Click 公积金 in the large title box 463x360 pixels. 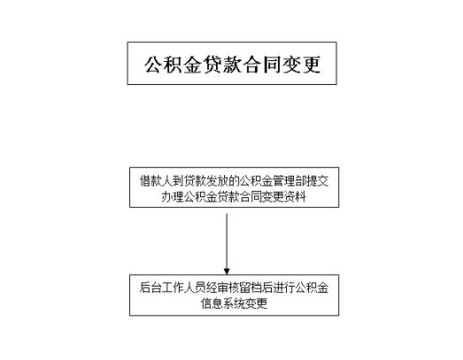174,65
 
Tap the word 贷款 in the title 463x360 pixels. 223,65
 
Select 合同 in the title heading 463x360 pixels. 263,65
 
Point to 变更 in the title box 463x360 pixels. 302,65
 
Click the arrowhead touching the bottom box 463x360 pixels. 227,272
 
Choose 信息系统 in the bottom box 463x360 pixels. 223,303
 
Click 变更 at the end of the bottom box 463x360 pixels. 257,303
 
